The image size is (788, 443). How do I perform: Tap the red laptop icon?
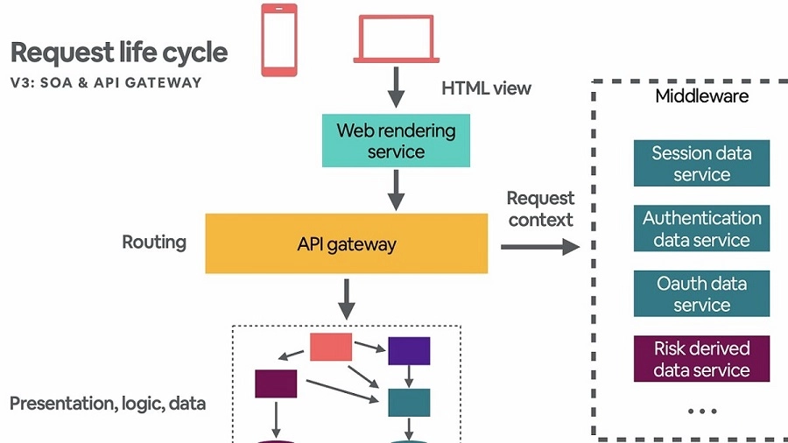pos(397,39)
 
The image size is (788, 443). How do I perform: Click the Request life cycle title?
pos(119,53)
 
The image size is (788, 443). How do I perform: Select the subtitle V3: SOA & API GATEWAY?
pos(106,83)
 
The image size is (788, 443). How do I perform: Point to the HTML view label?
pos(486,88)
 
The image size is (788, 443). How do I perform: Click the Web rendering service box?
pos(397,141)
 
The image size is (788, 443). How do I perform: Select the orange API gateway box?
pos(346,243)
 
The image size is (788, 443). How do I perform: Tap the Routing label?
pos(154,243)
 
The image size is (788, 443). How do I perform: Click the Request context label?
pos(540,209)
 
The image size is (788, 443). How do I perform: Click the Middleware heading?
pos(702,96)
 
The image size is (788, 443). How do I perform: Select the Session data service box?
pos(701,164)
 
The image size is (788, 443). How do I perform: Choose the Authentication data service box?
pos(701,229)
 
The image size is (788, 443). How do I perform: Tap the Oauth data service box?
pos(701,293)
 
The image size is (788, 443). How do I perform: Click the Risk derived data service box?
pos(701,359)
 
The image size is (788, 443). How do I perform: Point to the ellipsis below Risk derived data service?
pos(702,411)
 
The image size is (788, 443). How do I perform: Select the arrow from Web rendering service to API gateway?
pos(397,189)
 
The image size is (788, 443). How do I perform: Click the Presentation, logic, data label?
pos(108,404)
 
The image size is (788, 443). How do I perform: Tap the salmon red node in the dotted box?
pos(331,347)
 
